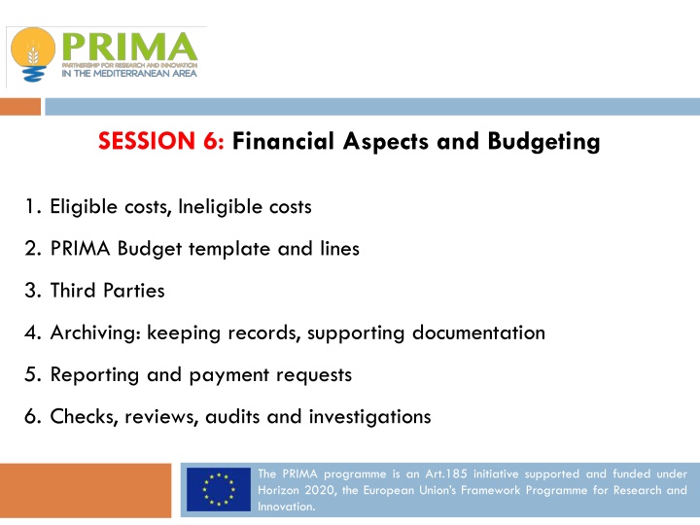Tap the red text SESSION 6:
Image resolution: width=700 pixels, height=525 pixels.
point(161,142)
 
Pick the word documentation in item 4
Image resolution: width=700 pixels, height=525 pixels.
point(476,332)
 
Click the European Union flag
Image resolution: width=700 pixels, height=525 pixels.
point(219,490)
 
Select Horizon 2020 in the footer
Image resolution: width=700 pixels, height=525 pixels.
point(293,491)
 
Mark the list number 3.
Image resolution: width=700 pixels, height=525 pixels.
point(33,290)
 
